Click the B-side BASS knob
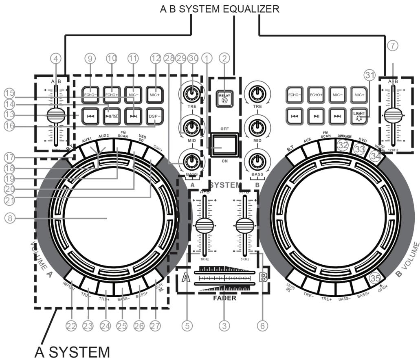[256, 161]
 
